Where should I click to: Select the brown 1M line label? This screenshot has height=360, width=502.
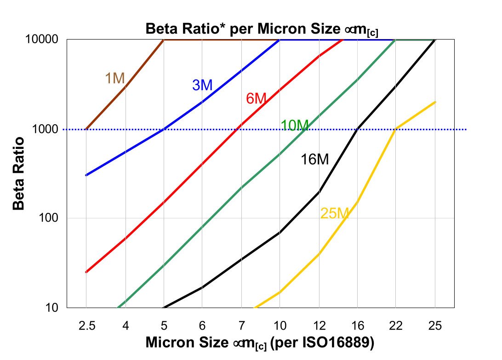[x=115, y=79]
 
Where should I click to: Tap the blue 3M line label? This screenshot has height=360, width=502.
[x=202, y=85]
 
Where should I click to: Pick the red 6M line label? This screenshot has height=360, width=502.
[x=256, y=98]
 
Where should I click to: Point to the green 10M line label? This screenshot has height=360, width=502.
[x=294, y=125]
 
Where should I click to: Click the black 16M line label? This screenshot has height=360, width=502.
[x=315, y=160]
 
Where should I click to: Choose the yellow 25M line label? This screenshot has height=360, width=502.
[x=335, y=213]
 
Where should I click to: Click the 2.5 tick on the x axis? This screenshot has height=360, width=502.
[x=86, y=326]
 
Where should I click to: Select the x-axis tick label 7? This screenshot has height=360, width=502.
[x=242, y=326]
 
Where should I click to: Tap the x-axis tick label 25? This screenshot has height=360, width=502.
[x=435, y=326]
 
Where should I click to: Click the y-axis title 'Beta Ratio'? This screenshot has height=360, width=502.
[x=18, y=173]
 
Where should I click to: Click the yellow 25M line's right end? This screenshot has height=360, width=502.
[x=435, y=102]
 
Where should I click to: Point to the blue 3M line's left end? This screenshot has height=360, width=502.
[x=86, y=175]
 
